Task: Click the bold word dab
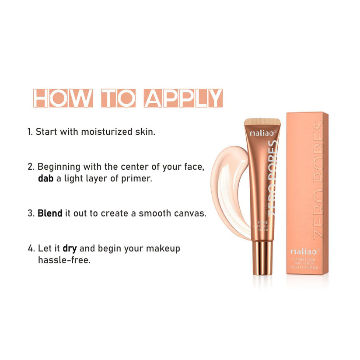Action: [x=46, y=178]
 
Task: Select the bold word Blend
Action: [x=50, y=213]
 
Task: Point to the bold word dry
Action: [x=70, y=248]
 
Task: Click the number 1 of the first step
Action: [x=30, y=131]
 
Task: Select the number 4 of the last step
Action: [x=31, y=248]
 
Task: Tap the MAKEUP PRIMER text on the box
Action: [x=306, y=266]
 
